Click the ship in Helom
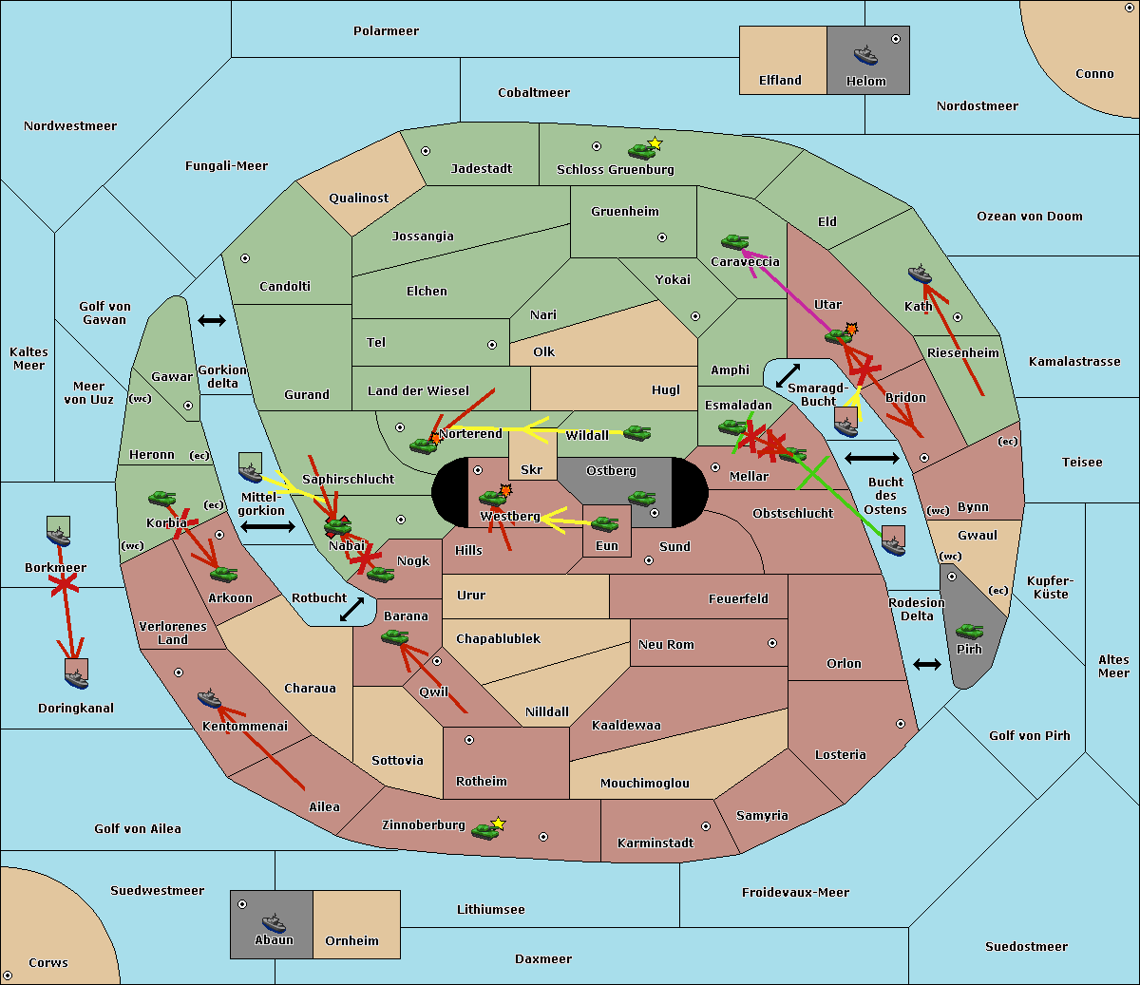pos(865,55)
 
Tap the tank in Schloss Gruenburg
pos(641,151)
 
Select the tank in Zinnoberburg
pos(484,831)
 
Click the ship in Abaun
pos(274,922)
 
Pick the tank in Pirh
pos(969,631)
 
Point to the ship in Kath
pos(920,275)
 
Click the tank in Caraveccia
pos(734,242)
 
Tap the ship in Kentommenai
pos(210,698)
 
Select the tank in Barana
pos(395,637)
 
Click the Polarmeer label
pos(386,31)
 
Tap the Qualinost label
pos(358,198)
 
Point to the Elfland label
pos(780,81)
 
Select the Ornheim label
pos(351,941)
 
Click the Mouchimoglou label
pos(645,783)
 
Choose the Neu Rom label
pos(666,645)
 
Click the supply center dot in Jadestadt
pos(426,151)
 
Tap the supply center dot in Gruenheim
pos(662,237)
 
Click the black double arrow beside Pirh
pos(927,665)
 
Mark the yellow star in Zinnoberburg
pos(498,824)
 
